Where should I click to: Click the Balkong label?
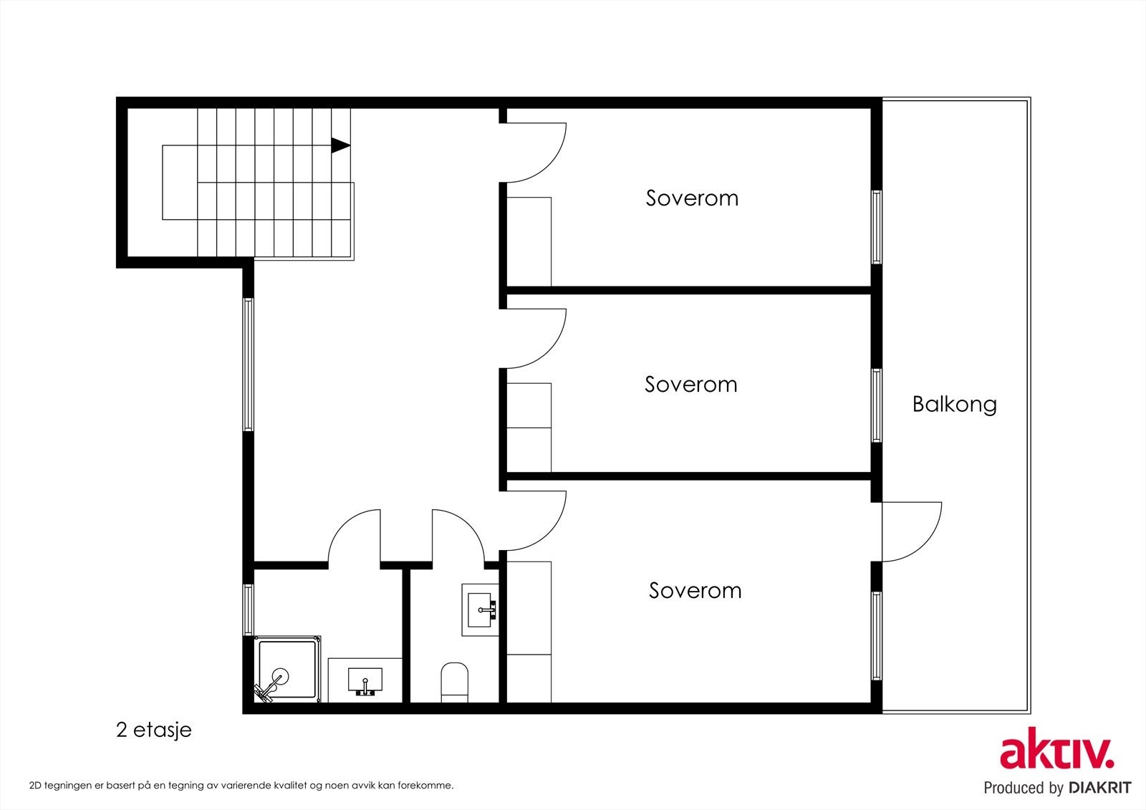pos(955,404)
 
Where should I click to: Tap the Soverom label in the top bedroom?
pos(692,198)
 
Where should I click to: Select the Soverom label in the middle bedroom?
pos(690,385)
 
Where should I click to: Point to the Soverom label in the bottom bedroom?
pos(695,590)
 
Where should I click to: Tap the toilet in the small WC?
pos(454,683)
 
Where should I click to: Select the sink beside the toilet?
pos(480,610)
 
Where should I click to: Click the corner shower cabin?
pos(287,670)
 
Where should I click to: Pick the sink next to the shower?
pos(365,680)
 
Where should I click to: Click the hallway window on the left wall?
pos(248,365)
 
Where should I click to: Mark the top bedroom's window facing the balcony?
pos(877,227)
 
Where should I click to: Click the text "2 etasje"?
pos(154,731)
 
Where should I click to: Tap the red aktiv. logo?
pos(1057,748)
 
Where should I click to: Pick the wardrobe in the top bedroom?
pos(529,241)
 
